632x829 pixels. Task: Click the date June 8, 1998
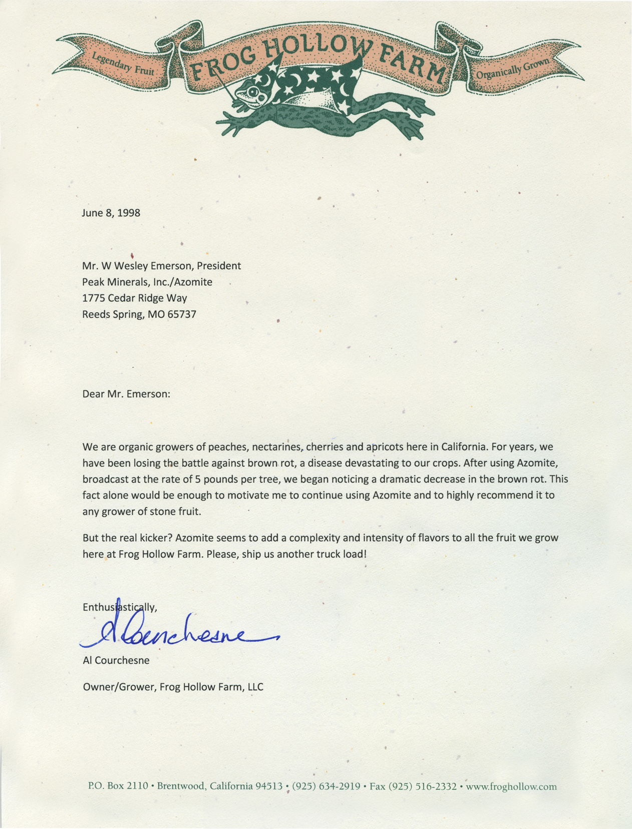click(x=111, y=213)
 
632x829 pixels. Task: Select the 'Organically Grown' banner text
click(x=513, y=69)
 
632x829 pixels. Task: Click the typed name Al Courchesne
click(x=116, y=660)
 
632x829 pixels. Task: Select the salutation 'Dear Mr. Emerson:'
click(x=127, y=394)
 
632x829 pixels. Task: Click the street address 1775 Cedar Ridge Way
click(x=135, y=298)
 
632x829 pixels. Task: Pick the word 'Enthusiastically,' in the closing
click(x=120, y=607)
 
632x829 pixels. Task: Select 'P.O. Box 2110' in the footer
click(x=118, y=786)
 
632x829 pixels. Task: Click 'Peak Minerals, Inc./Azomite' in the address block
click(x=147, y=282)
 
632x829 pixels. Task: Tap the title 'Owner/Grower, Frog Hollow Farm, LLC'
click(x=173, y=687)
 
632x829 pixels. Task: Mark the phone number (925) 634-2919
click(x=326, y=786)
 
